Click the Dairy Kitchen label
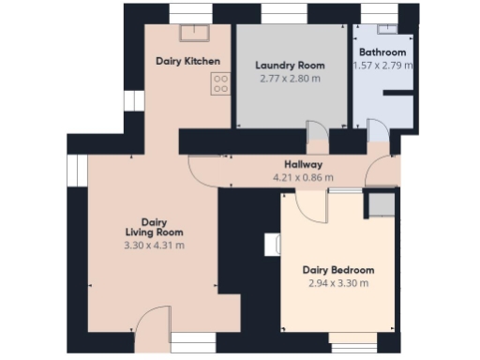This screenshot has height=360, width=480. pyautogui.click(x=188, y=62)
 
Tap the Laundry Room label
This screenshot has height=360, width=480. pyautogui.click(x=290, y=66)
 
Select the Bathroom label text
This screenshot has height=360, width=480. pyautogui.click(x=382, y=52)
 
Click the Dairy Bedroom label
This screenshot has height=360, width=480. pyautogui.click(x=339, y=270)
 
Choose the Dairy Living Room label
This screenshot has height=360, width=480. pyautogui.click(x=155, y=227)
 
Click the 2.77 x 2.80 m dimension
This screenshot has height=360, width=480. pyautogui.click(x=290, y=79)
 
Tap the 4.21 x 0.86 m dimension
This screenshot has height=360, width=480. pyautogui.click(x=303, y=176)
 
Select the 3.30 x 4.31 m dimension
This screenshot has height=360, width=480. pyautogui.click(x=155, y=246)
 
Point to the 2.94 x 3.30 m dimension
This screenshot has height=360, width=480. pyautogui.click(x=339, y=283)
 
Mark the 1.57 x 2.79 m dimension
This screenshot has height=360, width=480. pyautogui.click(x=382, y=66)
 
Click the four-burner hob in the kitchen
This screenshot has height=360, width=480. pyautogui.click(x=221, y=84)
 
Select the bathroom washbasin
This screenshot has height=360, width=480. pyautogui.click(x=381, y=34)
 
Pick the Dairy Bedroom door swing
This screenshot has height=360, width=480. pyautogui.click(x=313, y=205)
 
